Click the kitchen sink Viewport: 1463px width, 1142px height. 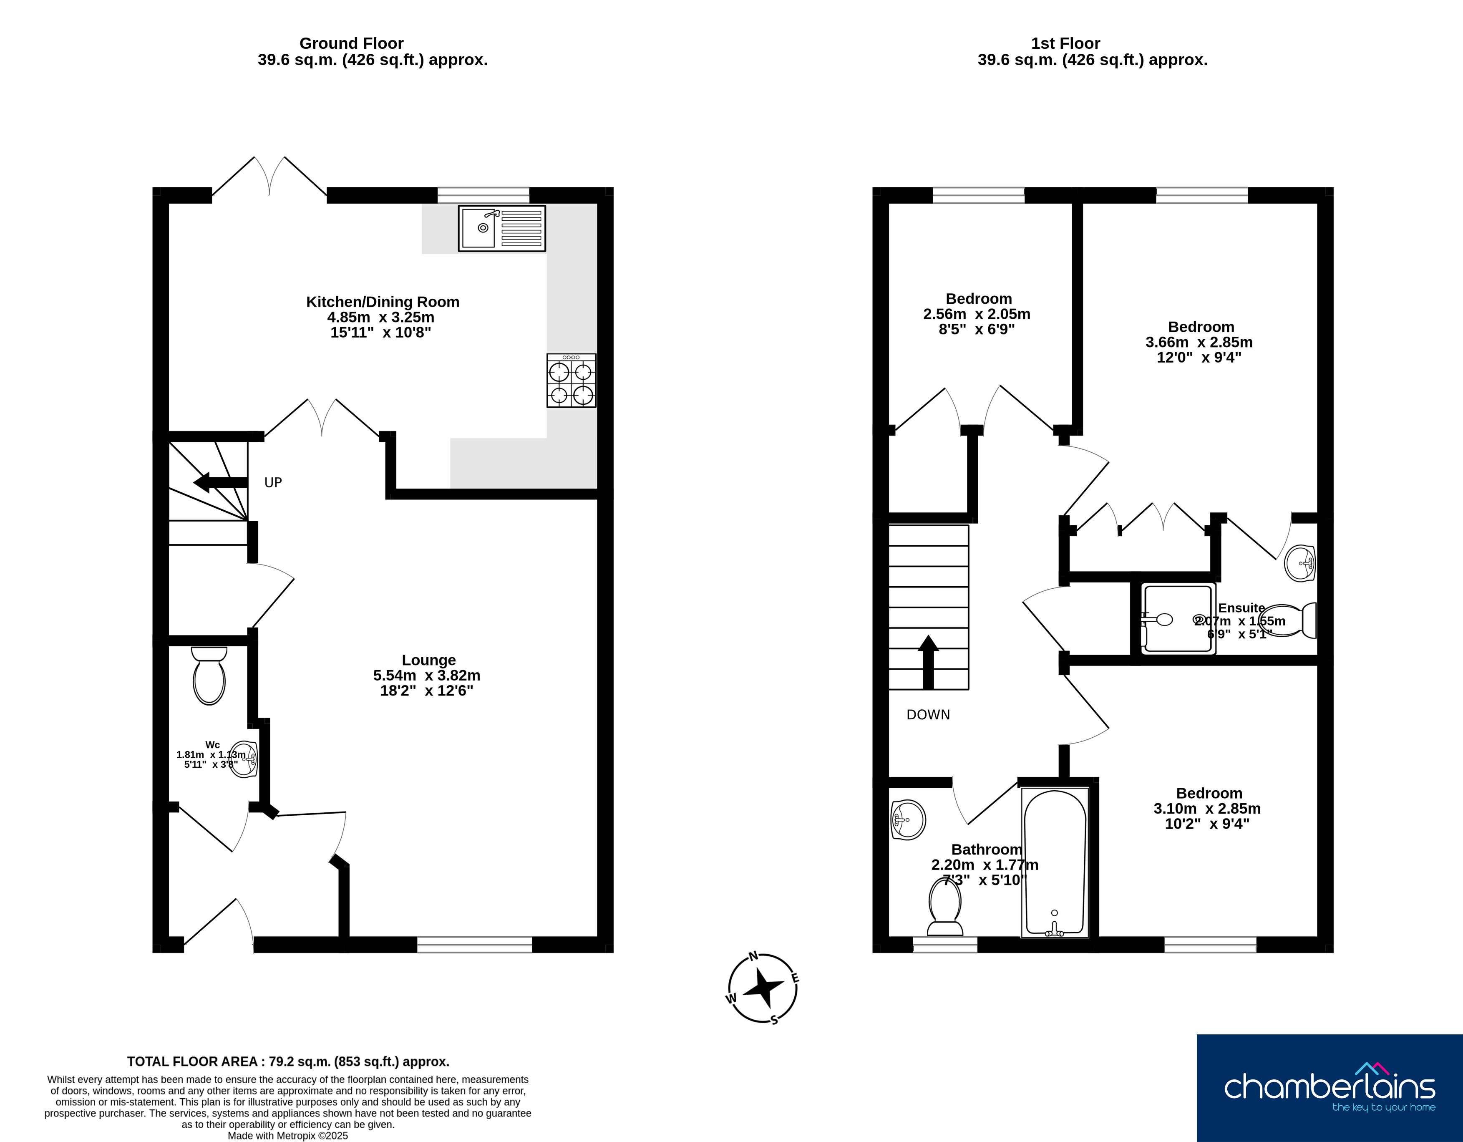(x=502, y=229)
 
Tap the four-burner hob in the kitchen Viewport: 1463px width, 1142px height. (x=572, y=381)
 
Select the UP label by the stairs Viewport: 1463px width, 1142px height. (x=273, y=482)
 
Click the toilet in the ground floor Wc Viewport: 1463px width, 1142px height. (x=209, y=676)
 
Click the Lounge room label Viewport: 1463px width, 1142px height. (x=429, y=660)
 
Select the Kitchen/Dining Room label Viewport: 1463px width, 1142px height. (x=383, y=302)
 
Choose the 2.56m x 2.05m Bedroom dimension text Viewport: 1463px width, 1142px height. (x=977, y=314)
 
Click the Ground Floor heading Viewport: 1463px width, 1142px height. (x=352, y=43)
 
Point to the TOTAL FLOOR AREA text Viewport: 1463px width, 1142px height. (x=288, y=1061)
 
